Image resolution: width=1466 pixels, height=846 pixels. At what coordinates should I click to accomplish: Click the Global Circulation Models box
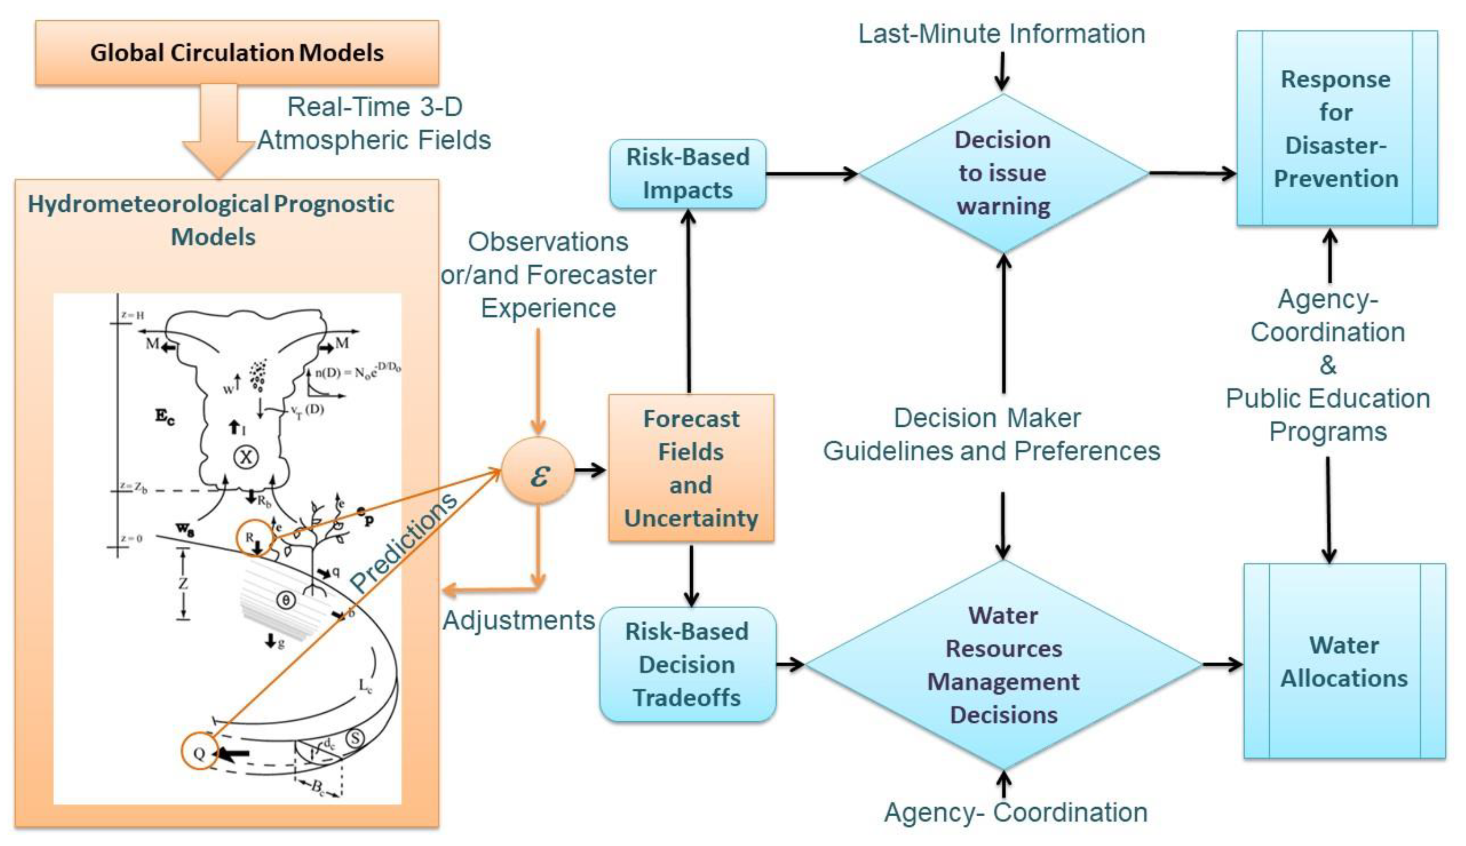tap(237, 53)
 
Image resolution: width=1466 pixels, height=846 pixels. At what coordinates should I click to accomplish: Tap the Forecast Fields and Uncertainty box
tap(691, 468)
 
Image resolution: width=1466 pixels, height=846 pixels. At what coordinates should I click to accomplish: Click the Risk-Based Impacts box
tap(687, 174)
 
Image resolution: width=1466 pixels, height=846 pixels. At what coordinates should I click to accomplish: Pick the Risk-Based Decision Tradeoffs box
tap(687, 664)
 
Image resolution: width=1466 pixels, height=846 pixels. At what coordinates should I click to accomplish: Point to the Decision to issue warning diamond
tap(1003, 173)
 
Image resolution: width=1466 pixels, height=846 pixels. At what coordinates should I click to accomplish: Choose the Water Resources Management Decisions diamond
tap(1003, 664)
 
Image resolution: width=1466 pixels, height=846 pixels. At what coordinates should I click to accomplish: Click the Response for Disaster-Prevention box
tap(1336, 129)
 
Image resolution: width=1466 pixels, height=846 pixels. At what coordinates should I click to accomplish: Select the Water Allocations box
tap(1344, 661)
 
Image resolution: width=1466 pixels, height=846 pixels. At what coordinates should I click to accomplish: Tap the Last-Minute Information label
tap(1001, 34)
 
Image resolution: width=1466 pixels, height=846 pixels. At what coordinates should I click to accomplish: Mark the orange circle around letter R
tap(254, 538)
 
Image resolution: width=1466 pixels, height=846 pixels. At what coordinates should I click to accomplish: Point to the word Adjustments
tap(518, 620)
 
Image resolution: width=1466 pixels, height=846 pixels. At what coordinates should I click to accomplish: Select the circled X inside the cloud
tap(246, 457)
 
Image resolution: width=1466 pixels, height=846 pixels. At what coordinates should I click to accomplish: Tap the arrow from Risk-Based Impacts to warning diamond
tap(811, 173)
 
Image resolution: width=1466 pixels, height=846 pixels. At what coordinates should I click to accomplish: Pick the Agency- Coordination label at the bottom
tap(1015, 812)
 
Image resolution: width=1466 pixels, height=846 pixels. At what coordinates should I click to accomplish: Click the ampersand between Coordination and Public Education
tap(1327, 365)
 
